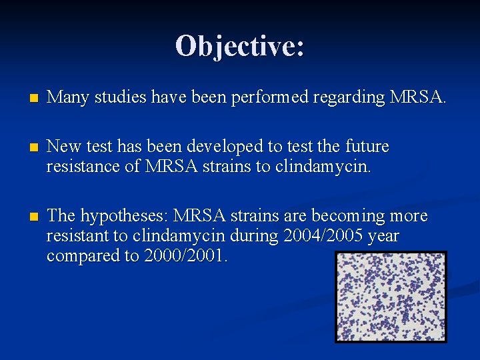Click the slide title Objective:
click(x=240, y=46)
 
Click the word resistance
click(x=84, y=165)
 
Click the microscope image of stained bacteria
click(x=390, y=297)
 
